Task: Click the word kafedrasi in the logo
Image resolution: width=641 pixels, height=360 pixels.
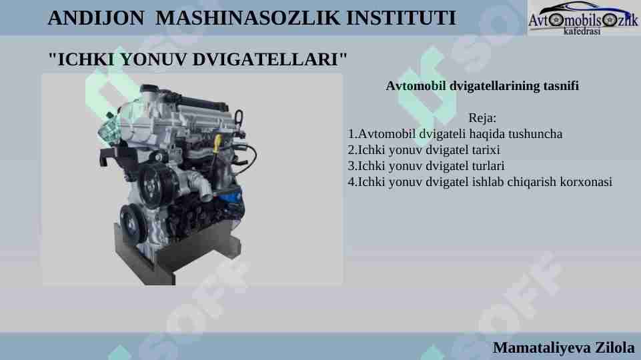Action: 582,31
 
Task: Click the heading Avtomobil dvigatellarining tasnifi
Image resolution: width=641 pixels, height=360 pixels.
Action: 482,86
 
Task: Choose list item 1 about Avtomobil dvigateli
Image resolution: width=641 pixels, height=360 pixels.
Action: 455,134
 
